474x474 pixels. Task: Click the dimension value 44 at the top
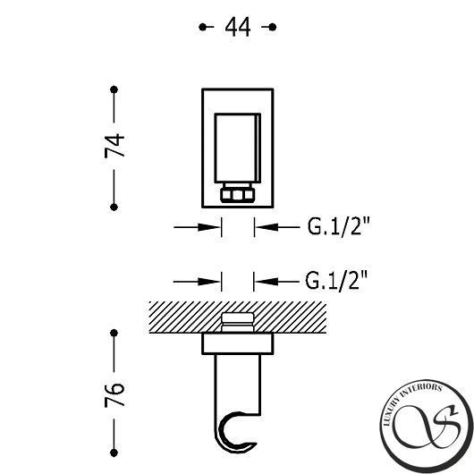238,27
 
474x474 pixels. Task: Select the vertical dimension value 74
114,147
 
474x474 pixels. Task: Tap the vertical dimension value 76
114,394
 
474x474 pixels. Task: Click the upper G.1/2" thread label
339,226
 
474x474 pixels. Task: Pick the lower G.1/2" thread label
336,281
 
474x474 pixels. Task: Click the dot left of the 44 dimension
202,27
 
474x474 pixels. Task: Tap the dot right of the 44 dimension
273,27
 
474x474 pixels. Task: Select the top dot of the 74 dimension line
114,89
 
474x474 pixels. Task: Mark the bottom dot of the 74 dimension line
114,207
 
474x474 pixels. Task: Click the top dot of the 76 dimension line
114,333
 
